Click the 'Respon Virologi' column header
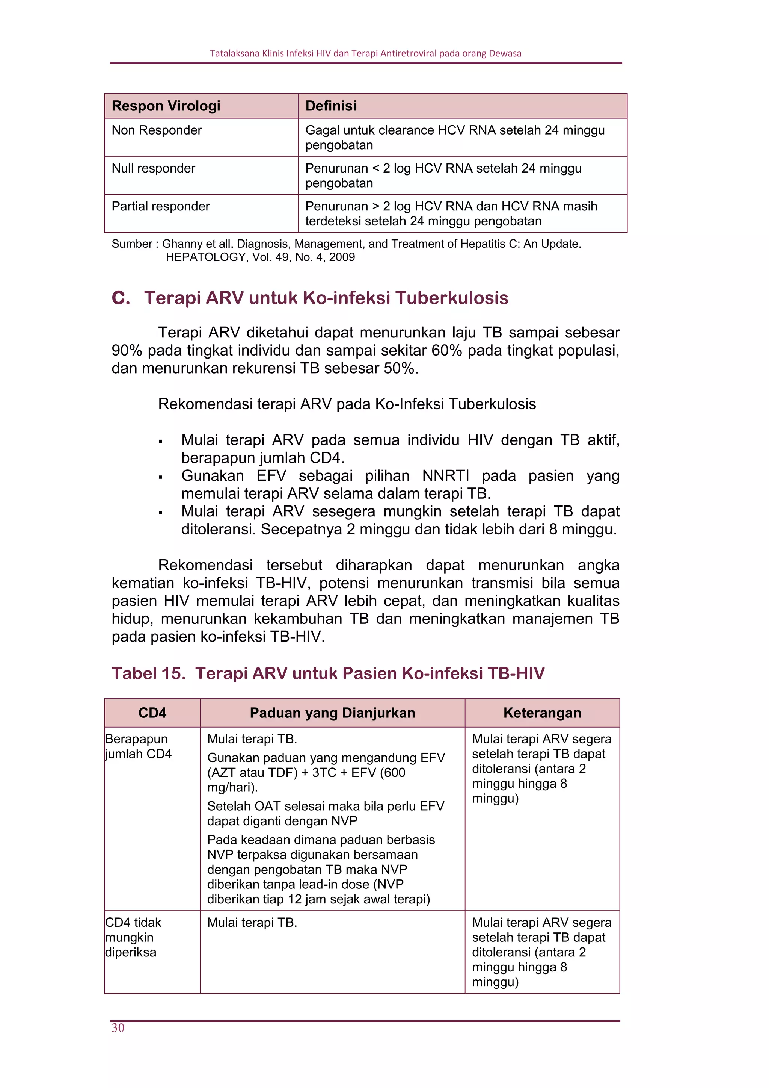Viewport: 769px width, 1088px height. point(166,106)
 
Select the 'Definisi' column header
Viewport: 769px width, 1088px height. point(330,106)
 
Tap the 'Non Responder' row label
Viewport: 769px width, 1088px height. point(156,130)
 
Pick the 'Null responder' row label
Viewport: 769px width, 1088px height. point(153,168)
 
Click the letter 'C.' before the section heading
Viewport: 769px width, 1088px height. point(120,298)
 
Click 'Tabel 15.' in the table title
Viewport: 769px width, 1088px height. point(148,673)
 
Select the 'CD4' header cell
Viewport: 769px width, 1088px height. point(152,713)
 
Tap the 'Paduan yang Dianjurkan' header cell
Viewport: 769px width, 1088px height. point(332,713)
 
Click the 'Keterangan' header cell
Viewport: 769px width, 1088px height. point(542,713)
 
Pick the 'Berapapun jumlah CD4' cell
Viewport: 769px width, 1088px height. point(138,746)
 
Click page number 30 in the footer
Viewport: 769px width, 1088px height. point(118,1027)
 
